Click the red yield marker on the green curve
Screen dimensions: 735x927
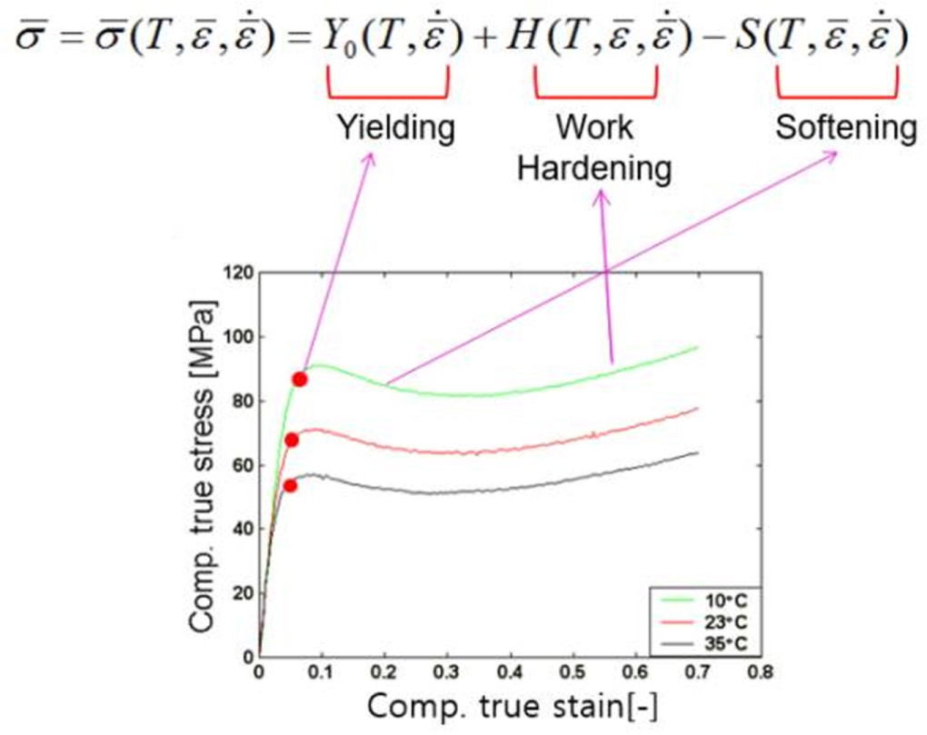[299, 379]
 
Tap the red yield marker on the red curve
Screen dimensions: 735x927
[292, 440]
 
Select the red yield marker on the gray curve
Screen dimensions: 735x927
[290, 485]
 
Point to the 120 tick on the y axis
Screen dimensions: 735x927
[239, 273]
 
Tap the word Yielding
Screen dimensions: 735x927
[395, 128]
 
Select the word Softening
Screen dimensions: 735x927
[846, 128]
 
